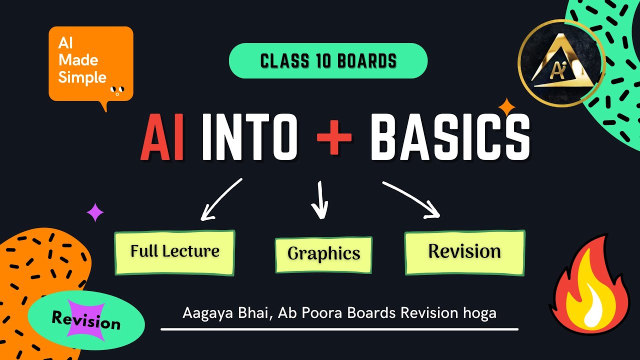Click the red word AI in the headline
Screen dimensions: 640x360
(162, 137)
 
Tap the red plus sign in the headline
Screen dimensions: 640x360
(334, 137)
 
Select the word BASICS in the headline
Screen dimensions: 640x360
(450, 137)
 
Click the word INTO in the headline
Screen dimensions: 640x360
(250, 137)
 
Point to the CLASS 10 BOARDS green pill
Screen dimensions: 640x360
(328, 60)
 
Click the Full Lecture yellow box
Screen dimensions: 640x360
(174, 252)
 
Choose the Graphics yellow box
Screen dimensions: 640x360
(323, 254)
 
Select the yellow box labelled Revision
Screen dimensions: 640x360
(465, 252)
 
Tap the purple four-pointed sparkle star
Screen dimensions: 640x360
(95, 212)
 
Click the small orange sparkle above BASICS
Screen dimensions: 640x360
(507, 107)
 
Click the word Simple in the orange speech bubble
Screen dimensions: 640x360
(82, 77)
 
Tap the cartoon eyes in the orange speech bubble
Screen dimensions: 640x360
(117, 90)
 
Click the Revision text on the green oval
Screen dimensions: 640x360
(86, 320)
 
